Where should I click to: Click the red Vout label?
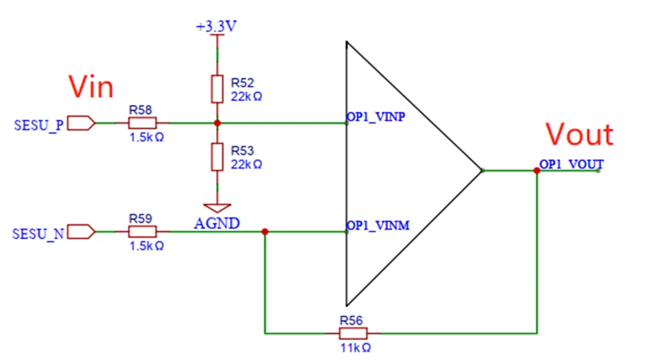579,135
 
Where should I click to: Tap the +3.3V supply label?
216,26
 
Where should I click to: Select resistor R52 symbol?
218,89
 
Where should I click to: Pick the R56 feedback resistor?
353,333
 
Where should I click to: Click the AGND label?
218,224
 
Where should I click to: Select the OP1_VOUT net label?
572,164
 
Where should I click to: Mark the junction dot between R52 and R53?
218,123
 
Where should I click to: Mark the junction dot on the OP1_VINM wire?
264,231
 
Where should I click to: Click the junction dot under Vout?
537,171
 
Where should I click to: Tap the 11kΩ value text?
353,349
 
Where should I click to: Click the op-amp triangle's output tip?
481,171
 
